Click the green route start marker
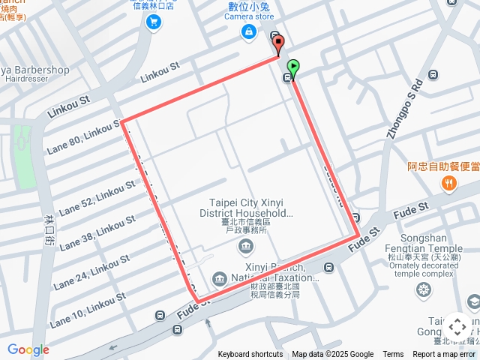coord(292,67)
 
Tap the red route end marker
coord(278,43)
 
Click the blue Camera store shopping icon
coord(248,31)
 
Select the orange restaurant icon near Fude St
coord(449,182)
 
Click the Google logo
coord(28,349)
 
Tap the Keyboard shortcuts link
coord(250,355)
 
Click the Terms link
coord(393,355)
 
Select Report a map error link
coord(444,355)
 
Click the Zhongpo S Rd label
coord(402,118)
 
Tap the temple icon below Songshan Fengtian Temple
coord(424,289)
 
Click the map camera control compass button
coord(457,327)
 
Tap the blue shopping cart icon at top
coord(154,22)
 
